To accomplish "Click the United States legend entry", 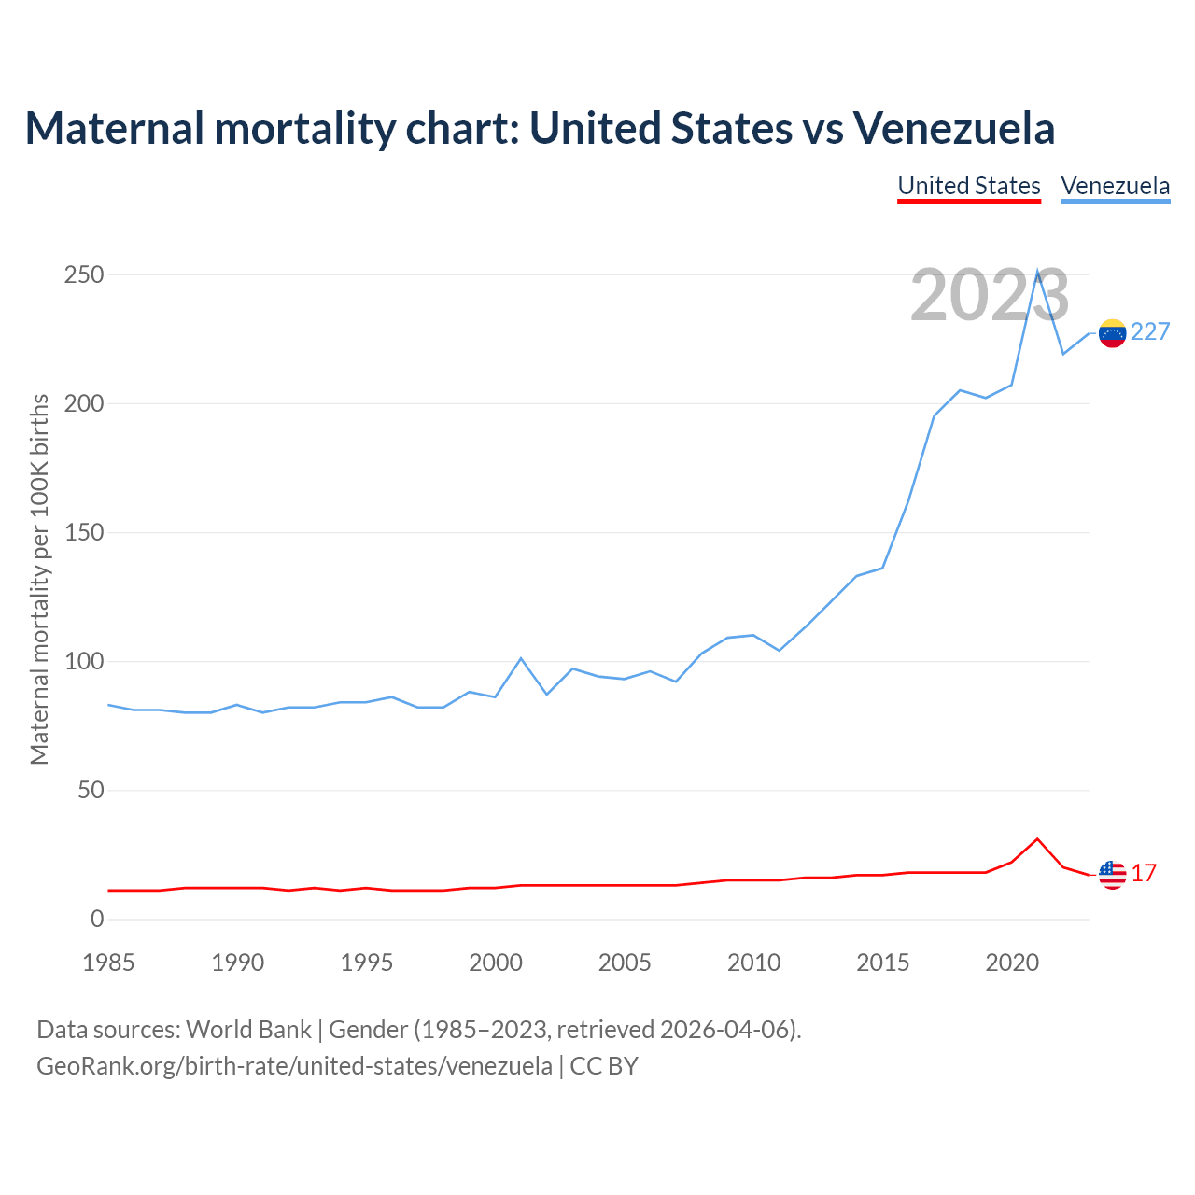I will (x=969, y=186).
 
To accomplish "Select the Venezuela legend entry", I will (x=1116, y=186).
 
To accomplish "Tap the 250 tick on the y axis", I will (x=84, y=275).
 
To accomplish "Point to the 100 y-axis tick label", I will (x=84, y=662).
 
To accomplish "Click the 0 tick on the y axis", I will (x=97, y=920).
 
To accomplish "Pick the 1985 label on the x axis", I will (x=108, y=963).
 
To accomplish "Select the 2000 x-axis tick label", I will (x=496, y=963).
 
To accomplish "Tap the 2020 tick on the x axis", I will (x=1012, y=963).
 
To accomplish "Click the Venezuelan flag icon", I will (x=1112, y=333).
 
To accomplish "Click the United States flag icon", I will (x=1112, y=875).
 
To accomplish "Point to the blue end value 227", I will (x=1150, y=332).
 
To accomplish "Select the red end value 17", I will (x=1145, y=874).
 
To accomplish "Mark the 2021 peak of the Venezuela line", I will (x=1037, y=273).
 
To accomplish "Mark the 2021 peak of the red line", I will (x=1037, y=839).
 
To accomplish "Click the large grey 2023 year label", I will (x=990, y=296).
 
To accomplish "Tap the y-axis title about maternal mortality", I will (x=39, y=579).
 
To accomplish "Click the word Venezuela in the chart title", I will (x=953, y=128).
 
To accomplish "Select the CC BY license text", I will (x=604, y=1066).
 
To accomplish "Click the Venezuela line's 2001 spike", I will (x=521, y=659).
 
